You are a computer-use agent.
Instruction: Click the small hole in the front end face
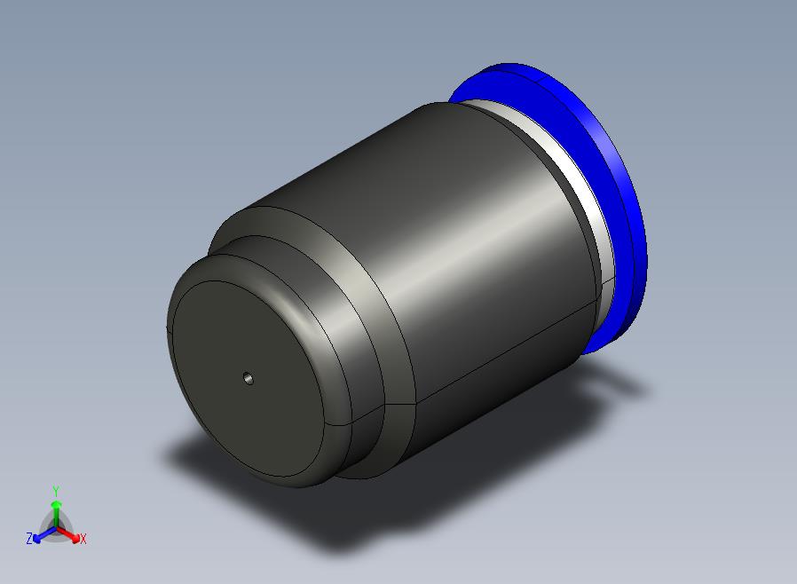click(x=248, y=378)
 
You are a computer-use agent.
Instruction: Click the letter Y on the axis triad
click(x=56, y=491)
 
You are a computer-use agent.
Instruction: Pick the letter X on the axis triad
click(x=83, y=539)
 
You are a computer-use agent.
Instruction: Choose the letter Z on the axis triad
click(x=29, y=538)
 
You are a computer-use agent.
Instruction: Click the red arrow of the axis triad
click(x=68, y=534)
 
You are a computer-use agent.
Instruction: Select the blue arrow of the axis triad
click(x=44, y=534)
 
